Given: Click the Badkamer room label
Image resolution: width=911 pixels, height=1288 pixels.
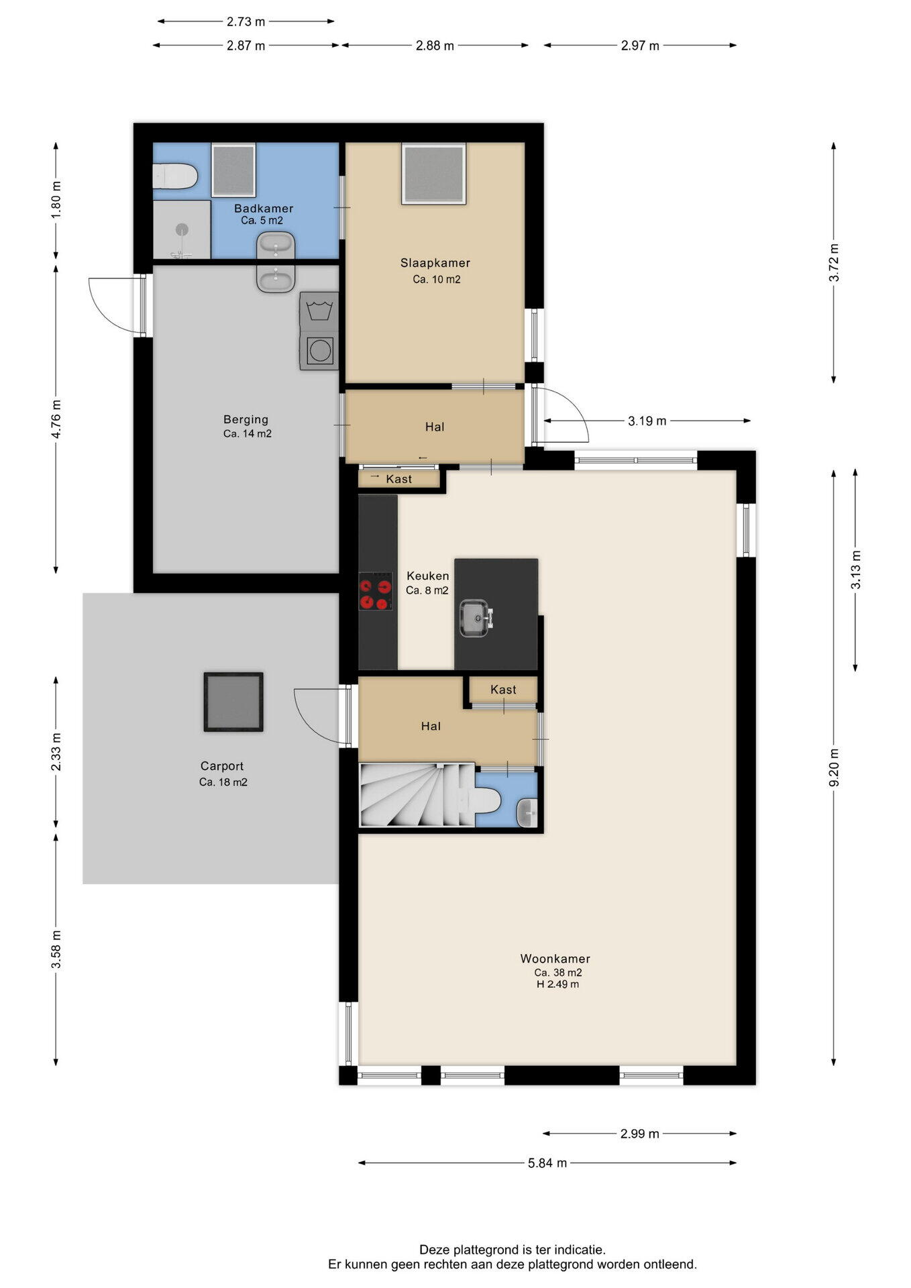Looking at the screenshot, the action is tap(264, 209).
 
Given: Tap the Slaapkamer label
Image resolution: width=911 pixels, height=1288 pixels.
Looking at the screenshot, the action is tap(435, 263).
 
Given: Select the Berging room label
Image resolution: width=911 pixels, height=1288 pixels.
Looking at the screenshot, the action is tap(246, 419).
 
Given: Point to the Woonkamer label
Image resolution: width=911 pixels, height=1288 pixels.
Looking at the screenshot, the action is tap(555, 959).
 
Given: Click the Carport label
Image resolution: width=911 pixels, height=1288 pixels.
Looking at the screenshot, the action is tap(222, 766).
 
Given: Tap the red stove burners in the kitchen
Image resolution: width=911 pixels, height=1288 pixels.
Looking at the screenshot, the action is tap(376, 591).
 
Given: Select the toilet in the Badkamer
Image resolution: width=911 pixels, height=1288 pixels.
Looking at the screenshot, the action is tap(174, 176).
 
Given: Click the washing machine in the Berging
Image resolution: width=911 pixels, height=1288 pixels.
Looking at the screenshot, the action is tap(319, 350).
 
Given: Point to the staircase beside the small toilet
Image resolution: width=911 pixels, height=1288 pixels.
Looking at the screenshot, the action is tap(417, 795).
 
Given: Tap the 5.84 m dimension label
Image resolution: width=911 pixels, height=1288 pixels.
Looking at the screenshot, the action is tap(547, 1163).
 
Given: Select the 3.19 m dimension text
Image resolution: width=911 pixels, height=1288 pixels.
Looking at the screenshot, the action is tap(647, 421).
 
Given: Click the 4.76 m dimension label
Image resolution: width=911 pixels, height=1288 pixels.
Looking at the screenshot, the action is tap(56, 419).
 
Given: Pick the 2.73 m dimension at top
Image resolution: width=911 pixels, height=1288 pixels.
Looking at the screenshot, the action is tap(246, 21).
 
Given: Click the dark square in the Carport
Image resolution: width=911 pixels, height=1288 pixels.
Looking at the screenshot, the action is tap(233, 702).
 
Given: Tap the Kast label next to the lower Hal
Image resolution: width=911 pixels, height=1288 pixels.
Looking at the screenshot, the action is tap(503, 690).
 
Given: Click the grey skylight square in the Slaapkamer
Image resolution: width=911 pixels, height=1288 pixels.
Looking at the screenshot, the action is tap(433, 174).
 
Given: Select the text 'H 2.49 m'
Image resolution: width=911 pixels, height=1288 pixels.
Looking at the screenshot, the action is tap(557, 984).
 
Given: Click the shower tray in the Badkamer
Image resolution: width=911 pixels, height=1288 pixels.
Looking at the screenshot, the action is tap(182, 229).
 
